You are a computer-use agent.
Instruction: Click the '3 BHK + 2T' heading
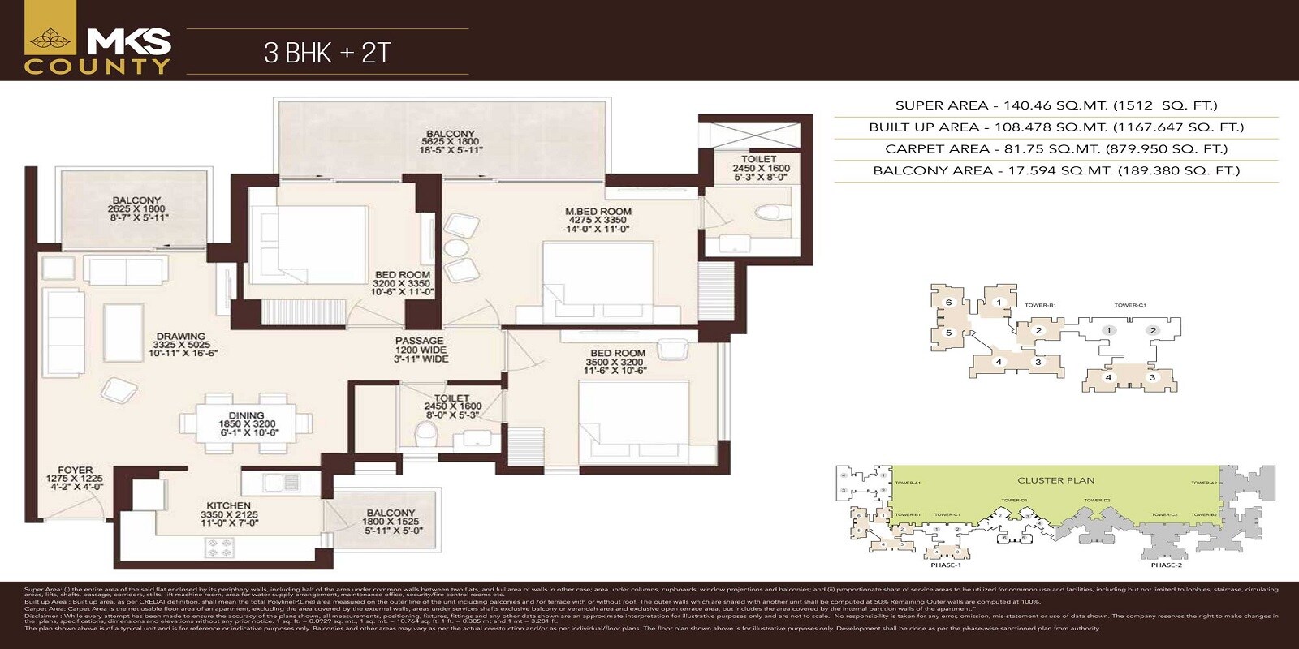point(327,53)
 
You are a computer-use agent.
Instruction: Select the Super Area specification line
point(1055,105)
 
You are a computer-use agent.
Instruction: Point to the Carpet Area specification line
point(1055,149)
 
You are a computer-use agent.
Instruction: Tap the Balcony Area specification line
point(1055,171)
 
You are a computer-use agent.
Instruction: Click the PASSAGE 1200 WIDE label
point(419,350)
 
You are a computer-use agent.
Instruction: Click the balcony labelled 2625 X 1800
point(136,208)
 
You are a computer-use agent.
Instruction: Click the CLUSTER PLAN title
point(1055,480)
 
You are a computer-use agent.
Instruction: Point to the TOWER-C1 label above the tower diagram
point(1129,306)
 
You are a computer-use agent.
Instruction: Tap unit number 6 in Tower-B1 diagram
point(947,303)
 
